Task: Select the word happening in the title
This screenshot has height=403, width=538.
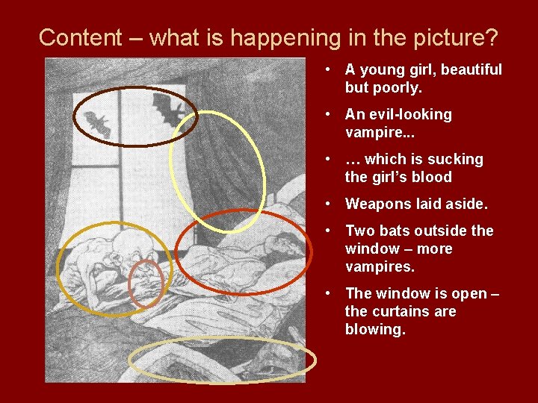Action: [290, 37]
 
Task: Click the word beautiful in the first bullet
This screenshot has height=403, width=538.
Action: [471, 69]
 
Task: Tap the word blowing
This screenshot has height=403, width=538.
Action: [375, 329]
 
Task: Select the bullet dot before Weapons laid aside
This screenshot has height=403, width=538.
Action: [329, 204]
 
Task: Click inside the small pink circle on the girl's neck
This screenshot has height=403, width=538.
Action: [146, 284]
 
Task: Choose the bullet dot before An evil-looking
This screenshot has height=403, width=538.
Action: [329, 114]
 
